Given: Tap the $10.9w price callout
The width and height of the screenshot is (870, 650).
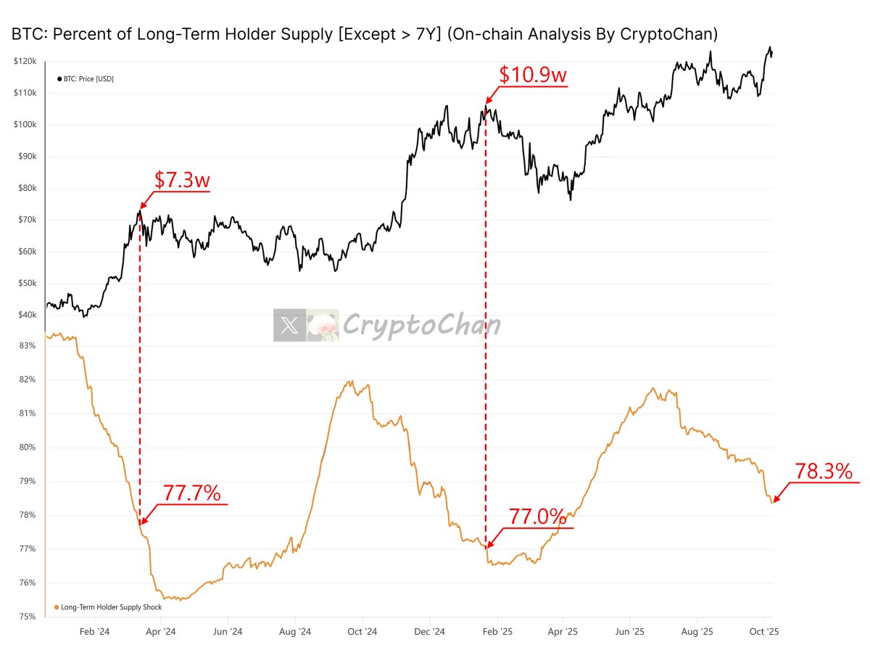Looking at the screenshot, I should point(534,74).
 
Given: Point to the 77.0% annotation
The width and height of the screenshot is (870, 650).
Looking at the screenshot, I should point(536,517).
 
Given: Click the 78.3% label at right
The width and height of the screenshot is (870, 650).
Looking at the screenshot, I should point(823,472).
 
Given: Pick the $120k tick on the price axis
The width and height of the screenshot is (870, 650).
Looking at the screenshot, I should point(25,62).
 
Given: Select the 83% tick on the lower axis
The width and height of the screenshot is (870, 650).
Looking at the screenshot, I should point(28,346).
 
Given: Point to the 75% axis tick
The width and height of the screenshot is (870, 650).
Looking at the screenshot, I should point(28,617).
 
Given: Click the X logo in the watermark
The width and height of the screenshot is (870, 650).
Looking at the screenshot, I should point(289,326).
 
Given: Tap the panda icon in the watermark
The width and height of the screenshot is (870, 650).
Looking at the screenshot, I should point(322,326).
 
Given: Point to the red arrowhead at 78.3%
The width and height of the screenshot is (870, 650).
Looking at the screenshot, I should point(775,500).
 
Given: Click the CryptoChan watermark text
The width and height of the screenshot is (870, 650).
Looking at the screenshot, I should point(420,325).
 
